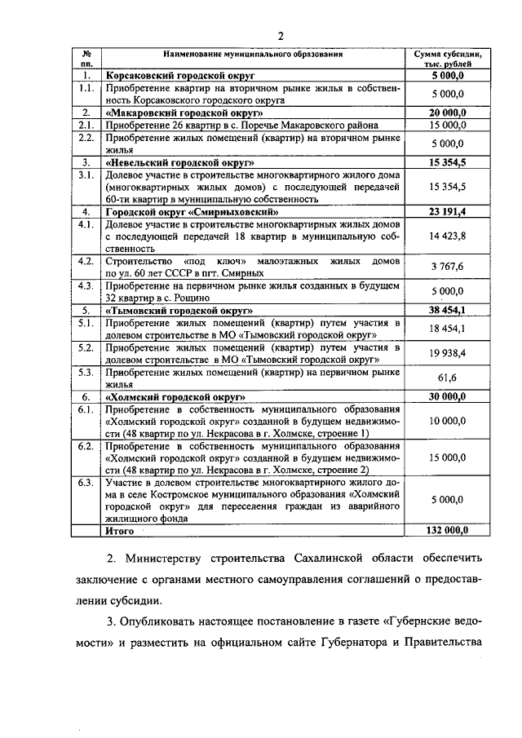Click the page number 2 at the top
[x=280, y=34]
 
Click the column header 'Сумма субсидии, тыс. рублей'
[x=448, y=59]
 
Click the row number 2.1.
[x=85, y=126]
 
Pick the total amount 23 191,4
[x=448, y=212]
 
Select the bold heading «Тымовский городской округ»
[x=180, y=311]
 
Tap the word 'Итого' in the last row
[x=119, y=530]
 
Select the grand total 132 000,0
[x=448, y=530]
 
